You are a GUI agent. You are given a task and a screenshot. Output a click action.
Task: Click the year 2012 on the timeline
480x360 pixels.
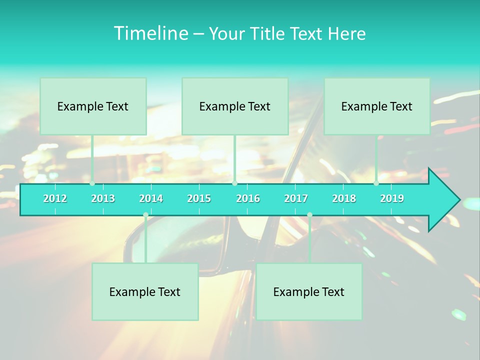coord(55,198)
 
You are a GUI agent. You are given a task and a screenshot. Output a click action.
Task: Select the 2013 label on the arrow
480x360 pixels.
coord(103,198)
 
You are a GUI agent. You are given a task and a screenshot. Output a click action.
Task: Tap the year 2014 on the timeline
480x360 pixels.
coord(151,198)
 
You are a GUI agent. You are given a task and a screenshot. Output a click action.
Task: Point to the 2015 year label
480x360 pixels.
coord(199,198)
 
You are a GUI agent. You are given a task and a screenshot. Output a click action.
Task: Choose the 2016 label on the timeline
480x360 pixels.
coord(248,198)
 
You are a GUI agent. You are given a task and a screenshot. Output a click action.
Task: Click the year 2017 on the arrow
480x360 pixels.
coord(296,198)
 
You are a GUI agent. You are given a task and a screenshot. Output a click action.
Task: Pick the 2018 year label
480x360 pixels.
coord(344,198)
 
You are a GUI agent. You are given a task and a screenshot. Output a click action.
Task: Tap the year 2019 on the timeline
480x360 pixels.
coord(392,198)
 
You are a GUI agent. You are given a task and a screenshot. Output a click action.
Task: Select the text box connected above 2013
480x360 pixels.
coord(93,106)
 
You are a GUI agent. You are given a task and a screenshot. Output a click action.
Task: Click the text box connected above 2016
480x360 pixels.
coord(235,106)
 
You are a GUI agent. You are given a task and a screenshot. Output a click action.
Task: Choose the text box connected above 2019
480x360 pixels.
coord(377,106)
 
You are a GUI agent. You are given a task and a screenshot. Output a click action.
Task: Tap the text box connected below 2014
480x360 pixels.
coord(145,291)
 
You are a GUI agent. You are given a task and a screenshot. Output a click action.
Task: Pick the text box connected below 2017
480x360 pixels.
coord(309,291)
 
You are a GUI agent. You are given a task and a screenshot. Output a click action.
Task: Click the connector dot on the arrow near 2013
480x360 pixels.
coord(92,183)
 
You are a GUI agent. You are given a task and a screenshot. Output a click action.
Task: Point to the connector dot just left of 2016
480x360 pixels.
coord(234,183)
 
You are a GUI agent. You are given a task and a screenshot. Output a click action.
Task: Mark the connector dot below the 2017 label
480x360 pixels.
coord(309,215)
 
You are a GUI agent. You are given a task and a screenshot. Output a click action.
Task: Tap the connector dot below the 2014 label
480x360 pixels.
coord(145,215)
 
